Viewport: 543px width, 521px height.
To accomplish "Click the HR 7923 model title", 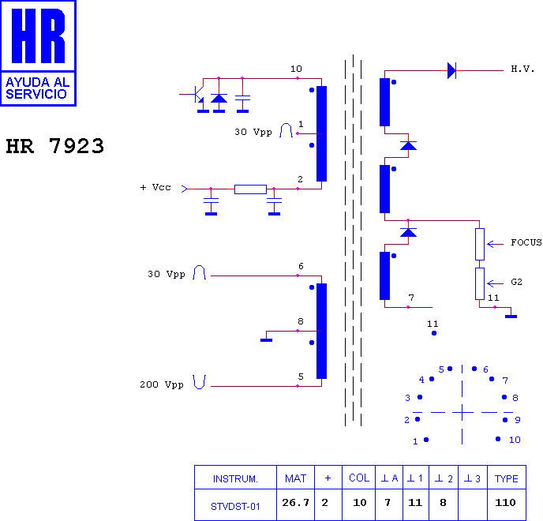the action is pyautogui.click(x=54, y=146).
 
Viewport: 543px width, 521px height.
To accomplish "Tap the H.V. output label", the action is pyautogui.click(x=522, y=69).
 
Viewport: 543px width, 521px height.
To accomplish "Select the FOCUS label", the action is pyautogui.click(x=526, y=242).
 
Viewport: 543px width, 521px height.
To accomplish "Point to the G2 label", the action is pyautogui.click(x=516, y=282).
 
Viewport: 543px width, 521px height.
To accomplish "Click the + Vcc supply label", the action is pyautogui.click(x=155, y=187).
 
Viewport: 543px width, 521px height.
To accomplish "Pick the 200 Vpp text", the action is pyautogui.click(x=161, y=384).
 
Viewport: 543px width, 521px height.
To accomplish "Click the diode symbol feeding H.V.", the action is pyautogui.click(x=451, y=71).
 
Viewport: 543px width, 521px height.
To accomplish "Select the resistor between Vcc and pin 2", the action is pyautogui.click(x=250, y=189).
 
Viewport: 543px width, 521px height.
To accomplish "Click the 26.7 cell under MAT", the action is pyautogui.click(x=295, y=502).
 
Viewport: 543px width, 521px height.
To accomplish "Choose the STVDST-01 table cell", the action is pyautogui.click(x=235, y=507).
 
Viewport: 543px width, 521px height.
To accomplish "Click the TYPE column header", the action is pyautogui.click(x=506, y=478).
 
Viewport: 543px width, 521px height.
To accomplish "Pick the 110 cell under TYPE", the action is pyautogui.click(x=505, y=502).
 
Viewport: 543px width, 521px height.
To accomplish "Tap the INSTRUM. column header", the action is pyautogui.click(x=235, y=478).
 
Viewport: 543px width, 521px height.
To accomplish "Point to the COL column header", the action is pyautogui.click(x=359, y=478).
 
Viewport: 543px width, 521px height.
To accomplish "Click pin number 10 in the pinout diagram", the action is pyautogui.click(x=515, y=440).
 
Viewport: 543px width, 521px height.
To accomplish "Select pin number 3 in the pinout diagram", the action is pyautogui.click(x=407, y=398).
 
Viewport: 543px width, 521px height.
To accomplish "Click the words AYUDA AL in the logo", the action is pyautogui.click(x=38, y=82).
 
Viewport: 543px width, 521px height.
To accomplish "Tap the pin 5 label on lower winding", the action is pyautogui.click(x=301, y=377).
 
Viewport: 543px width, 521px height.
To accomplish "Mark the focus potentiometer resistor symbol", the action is pyautogui.click(x=480, y=244).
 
